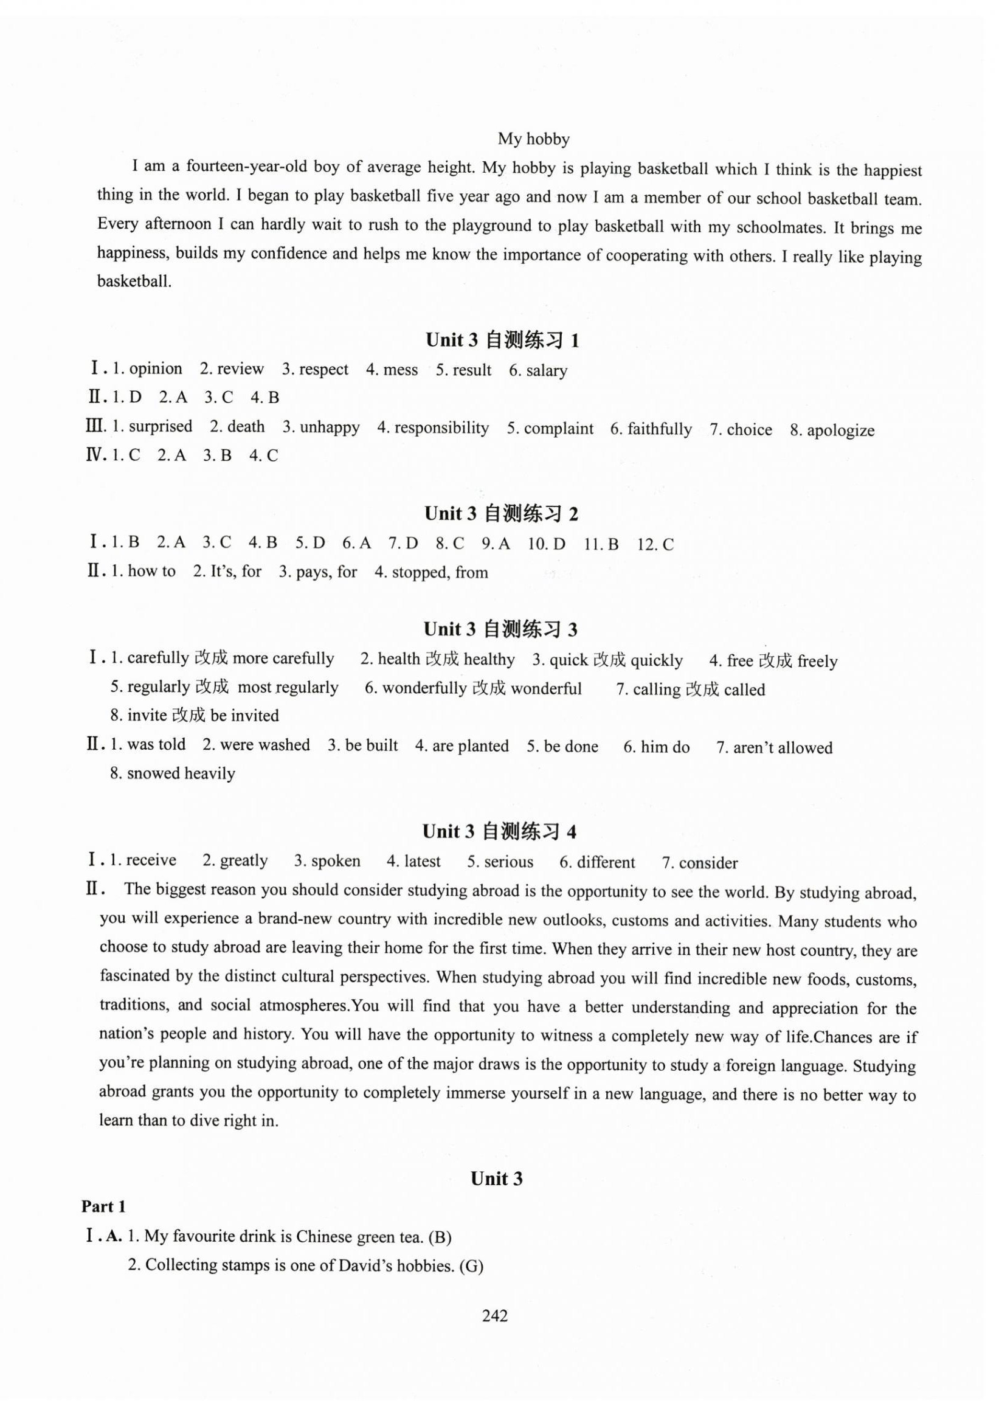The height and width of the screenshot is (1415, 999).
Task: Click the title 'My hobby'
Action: pyautogui.click(x=533, y=139)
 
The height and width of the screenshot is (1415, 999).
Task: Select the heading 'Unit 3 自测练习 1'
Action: pyautogui.click(x=502, y=340)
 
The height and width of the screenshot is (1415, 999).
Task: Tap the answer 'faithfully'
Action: pyautogui.click(x=660, y=429)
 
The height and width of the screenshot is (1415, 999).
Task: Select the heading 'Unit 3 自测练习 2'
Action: pyautogui.click(x=501, y=513)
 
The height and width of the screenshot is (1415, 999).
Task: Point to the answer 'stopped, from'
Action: pyautogui.click(x=440, y=573)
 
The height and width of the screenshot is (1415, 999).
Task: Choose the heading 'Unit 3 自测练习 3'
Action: pyautogui.click(x=500, y=629)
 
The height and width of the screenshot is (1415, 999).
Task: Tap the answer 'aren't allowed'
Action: pyautogui.click(x=782, y=747)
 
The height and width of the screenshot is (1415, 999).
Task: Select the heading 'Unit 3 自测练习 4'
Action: pyautogui.click(x=499, y=831)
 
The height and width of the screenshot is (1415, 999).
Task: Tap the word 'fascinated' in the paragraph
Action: pyautogui.click(x=135, y=975)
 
